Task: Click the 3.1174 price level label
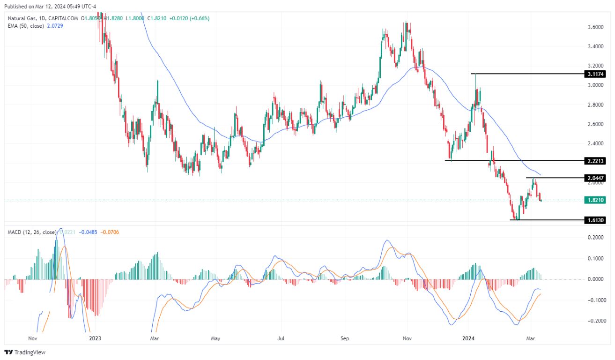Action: coord(595,74)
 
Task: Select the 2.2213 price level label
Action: coord(595,161)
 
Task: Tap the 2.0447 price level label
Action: coord(595,178)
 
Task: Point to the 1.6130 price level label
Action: coord(595,220)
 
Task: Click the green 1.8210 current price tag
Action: coord(595,200)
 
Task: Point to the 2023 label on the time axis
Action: coord(95,338)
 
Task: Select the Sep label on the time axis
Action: coord(345,338)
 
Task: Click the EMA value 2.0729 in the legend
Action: coord(53,26)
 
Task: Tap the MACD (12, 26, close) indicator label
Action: coord(32,232)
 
